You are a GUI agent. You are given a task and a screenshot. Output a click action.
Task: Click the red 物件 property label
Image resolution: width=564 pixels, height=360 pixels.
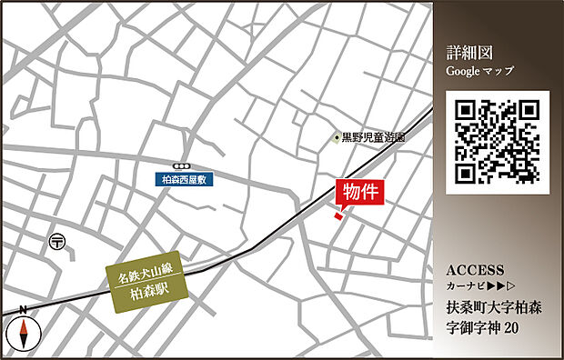tap(361, 194)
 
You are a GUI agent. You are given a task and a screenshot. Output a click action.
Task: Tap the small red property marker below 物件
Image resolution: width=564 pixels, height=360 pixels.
tap(338, 215)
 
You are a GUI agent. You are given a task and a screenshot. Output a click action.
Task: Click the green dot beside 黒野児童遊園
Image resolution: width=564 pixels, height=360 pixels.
tap(335, 138)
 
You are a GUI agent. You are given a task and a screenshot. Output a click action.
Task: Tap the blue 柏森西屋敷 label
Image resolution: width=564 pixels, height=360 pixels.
tap(186, 180)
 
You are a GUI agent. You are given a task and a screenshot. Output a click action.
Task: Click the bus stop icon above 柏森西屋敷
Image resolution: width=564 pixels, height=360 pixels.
tap(186, 166)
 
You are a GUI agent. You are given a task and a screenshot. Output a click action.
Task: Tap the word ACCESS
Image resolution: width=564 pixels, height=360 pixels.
tap(476, 271)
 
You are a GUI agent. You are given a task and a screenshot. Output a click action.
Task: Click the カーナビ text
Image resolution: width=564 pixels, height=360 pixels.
tap(465, 287)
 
